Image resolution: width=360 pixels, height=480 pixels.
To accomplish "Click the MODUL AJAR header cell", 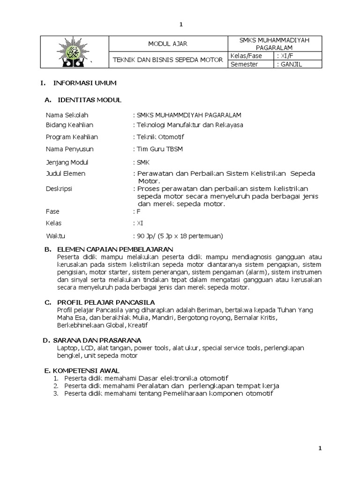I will pyautogui.click(x=167, y=44).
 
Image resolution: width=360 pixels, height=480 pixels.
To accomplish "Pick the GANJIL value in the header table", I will pyautogui.click(x=290, y=64).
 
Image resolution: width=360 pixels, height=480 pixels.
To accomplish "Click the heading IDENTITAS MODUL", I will pyautogui.click(x=89, y=100).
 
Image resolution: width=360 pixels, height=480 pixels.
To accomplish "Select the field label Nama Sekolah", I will pyautogui.click(x=67, y=115).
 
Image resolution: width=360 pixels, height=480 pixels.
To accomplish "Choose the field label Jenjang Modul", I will pyautogui.click(x=67, y=162).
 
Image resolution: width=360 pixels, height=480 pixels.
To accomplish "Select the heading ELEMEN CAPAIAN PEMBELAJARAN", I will pyautogui.click(x=115, y=249).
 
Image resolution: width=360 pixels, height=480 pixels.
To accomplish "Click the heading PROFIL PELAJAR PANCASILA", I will pyautogui.click(x=105, y=302).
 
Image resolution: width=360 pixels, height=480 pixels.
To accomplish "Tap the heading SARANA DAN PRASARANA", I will pyautogui.click(x=101, y=340).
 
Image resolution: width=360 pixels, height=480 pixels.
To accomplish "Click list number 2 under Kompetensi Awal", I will pyautogui.click(x=55, y=385).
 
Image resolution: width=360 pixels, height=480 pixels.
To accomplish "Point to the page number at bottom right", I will pyautogui.click(x=320, y=449).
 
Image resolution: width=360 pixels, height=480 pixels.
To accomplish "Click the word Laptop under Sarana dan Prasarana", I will pyautogui.click(x=67, y=348).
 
